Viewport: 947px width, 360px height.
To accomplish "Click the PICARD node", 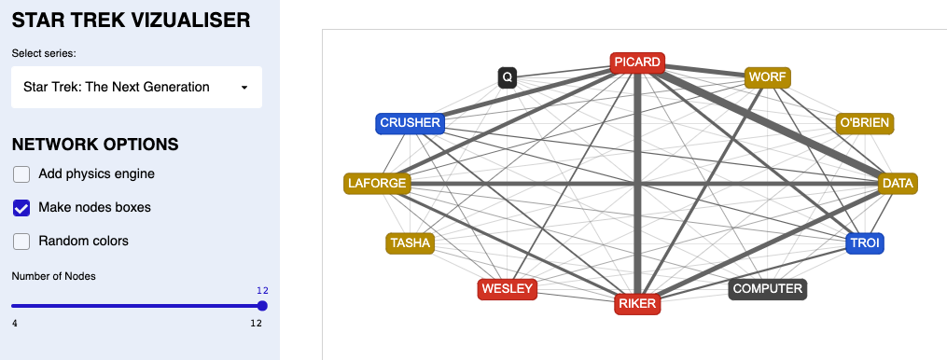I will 637,62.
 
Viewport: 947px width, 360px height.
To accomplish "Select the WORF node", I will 767,76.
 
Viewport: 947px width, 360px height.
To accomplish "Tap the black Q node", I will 507,77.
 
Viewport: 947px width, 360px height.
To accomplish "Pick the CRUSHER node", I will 410,123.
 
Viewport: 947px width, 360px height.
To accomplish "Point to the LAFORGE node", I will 377,183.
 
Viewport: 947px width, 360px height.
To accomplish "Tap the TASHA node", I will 411,243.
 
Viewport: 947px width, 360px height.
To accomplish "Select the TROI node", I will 864,243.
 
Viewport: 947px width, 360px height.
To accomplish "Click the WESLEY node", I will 507,289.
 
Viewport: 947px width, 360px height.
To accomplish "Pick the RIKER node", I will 637,303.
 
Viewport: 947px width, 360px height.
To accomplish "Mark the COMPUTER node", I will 767,289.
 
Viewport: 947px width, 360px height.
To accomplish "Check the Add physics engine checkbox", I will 21,173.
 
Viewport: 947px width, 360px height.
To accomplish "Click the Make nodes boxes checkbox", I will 21,207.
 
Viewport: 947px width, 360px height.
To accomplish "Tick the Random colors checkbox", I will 21,241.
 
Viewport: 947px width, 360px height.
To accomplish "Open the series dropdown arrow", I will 244,88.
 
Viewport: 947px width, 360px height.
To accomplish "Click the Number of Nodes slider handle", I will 262,306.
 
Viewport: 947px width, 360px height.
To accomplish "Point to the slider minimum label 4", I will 14,324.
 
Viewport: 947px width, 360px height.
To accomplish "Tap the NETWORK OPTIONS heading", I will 95,145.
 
